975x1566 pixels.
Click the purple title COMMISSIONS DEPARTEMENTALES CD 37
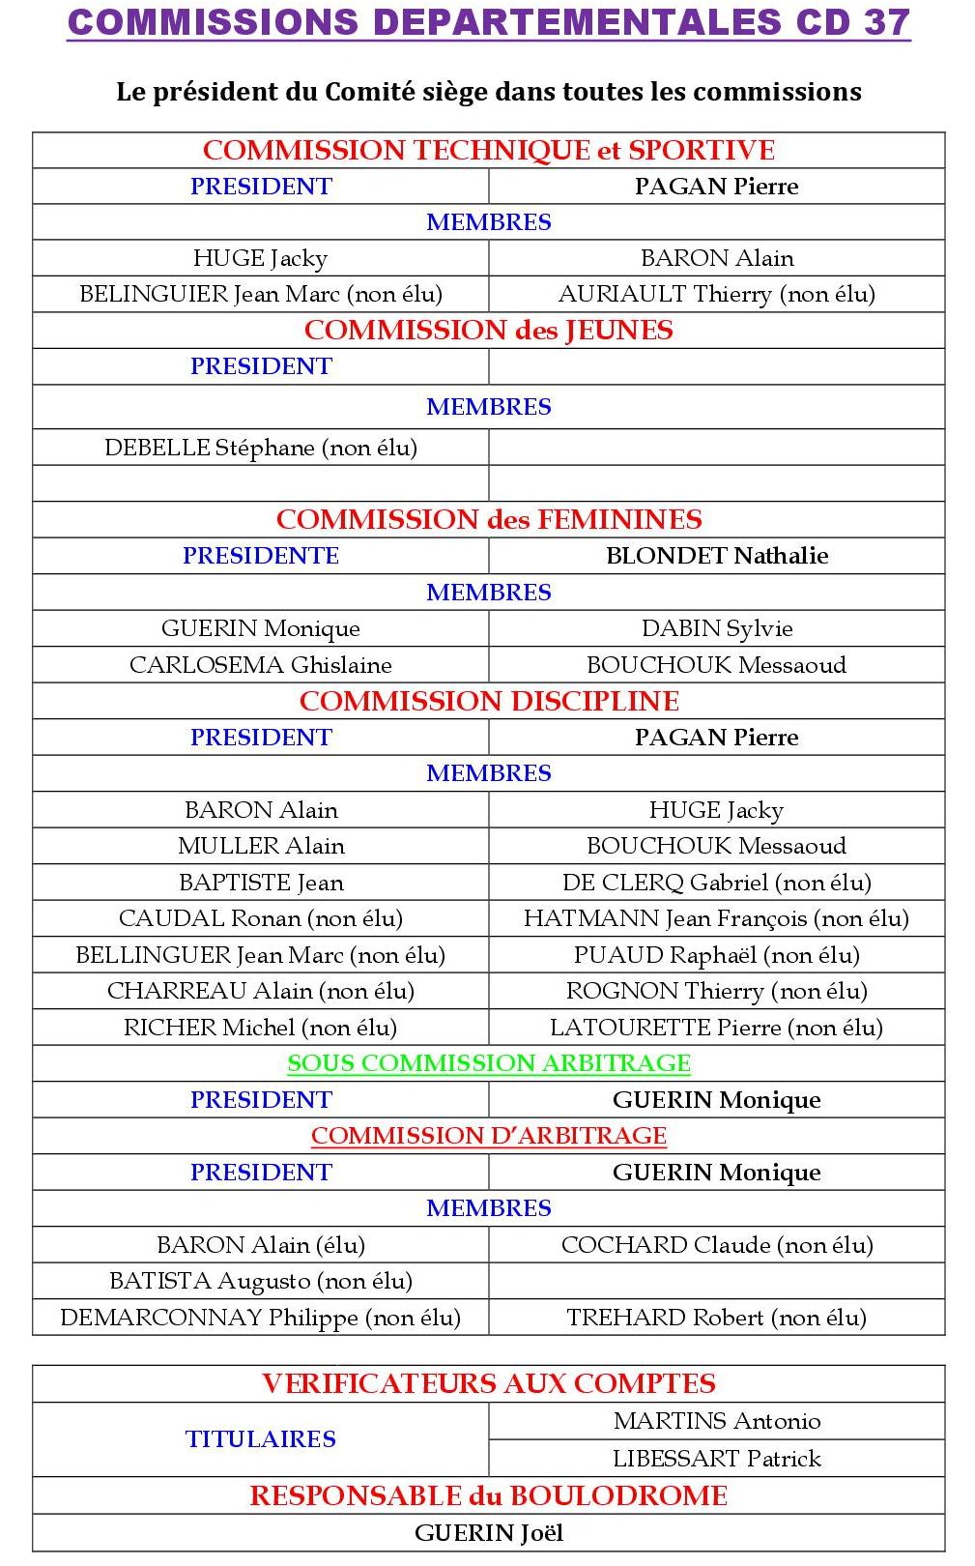pos(489,22)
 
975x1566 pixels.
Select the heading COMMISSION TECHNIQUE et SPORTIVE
pos(489,151)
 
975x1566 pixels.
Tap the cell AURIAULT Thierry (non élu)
pos(716,294)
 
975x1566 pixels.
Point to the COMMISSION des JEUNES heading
pos(489,331)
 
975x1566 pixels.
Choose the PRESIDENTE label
pos(261,556)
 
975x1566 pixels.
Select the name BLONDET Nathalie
pos(716,556)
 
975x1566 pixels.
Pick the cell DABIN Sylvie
pos(716,628)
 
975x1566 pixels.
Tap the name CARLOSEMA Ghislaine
pos(261,665)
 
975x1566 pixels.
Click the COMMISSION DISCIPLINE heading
pos(489,701)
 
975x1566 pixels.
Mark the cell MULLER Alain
pos(261,846)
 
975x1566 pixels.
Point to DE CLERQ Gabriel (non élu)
pos(716,883)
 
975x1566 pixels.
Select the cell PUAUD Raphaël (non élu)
pos(716,955)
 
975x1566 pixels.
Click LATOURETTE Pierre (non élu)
pos(716,1028)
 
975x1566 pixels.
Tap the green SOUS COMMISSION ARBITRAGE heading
pos(489,1063)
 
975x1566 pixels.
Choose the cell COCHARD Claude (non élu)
pos(716,1245)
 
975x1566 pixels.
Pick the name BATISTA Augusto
pos(261,1281)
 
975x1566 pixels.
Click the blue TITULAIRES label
pos(261,1439)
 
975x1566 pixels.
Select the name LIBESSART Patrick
pos(716,1458)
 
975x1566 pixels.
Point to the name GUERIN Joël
pos(489,1533)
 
